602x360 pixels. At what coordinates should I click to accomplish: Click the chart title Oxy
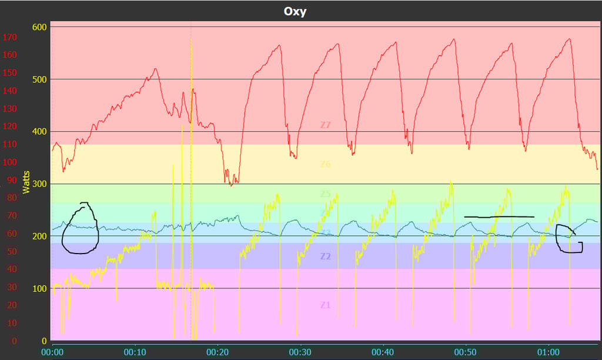295,11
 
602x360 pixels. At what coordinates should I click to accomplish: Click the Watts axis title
26,182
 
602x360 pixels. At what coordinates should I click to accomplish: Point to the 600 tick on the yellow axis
39,26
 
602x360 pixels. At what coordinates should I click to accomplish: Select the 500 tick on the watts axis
39,79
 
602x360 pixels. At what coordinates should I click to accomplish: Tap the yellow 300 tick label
39,184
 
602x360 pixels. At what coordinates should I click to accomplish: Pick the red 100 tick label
10,162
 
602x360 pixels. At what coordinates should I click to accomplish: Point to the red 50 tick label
12,252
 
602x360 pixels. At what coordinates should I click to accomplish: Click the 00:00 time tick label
52,351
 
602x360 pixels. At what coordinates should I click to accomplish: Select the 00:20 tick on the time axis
218,351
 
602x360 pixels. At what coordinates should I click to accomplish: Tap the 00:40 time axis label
383,351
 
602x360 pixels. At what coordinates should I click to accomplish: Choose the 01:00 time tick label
549,351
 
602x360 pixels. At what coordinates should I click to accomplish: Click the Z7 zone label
326,125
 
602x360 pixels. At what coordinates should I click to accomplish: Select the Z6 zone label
326,165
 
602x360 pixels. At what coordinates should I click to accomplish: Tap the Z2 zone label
326,256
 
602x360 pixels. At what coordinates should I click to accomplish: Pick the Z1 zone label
326,305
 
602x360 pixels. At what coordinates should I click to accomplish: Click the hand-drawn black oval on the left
81,229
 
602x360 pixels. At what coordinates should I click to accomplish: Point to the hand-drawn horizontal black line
499,217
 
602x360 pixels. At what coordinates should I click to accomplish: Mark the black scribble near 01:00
568,239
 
